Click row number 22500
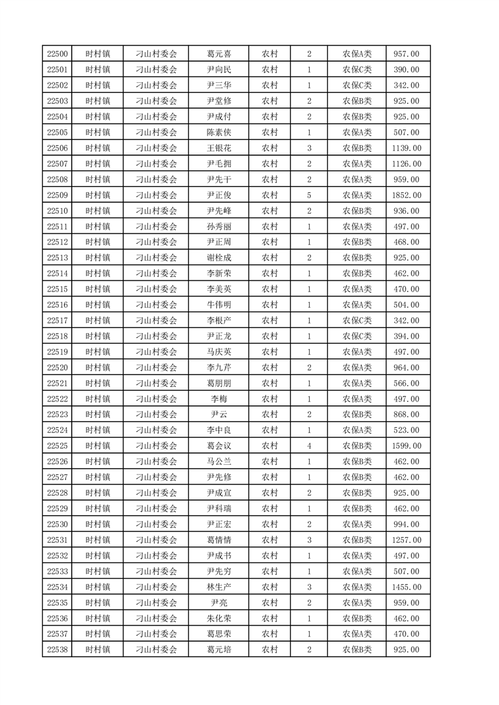57,54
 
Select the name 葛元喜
218,54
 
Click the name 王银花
218,148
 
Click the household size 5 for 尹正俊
309,195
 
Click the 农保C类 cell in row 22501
357,70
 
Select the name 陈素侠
218,133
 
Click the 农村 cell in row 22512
269,242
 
